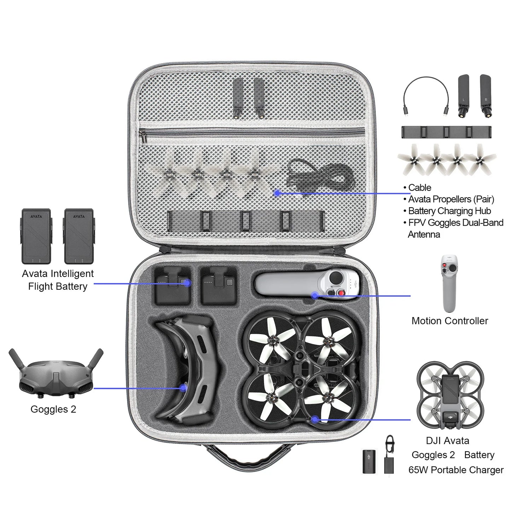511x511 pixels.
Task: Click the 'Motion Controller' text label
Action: point(449,321)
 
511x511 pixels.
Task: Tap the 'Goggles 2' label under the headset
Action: point(53,409)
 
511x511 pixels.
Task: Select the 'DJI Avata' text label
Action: point(447,441)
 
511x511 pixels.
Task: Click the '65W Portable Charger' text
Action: point(456,470)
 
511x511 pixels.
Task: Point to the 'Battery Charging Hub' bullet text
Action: point(449,211)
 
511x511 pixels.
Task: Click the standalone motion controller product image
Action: point(449,283)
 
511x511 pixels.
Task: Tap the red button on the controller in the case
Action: point(341,293)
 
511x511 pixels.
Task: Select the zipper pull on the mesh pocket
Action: point(143,135)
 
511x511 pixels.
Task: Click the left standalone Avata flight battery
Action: point(36,236)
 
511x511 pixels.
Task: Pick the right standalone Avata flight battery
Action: point(79,236)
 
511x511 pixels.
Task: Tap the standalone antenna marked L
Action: point(463,95)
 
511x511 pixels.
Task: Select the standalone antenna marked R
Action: point(486,95)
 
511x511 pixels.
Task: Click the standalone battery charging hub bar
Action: point(446,132)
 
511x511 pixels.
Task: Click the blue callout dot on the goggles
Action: point(183,388)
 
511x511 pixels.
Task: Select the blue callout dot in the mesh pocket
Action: point(278,193)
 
